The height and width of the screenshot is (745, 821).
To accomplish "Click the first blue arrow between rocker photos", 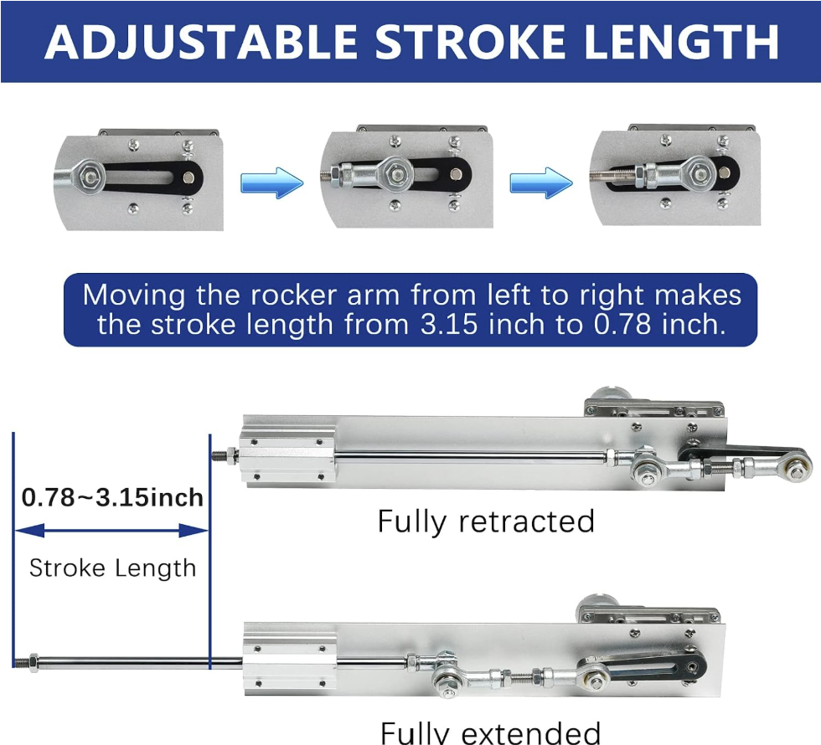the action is tap(271, 183).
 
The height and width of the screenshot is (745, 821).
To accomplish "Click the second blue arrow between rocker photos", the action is tap(541, 183).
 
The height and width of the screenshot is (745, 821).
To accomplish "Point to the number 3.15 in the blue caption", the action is tap(449, 325).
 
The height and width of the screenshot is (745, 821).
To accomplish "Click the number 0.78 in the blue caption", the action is tap(622, 325).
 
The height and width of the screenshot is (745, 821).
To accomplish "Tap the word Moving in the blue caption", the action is tap(134, 295).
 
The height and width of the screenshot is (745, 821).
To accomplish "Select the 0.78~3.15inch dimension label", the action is tap(112, 497).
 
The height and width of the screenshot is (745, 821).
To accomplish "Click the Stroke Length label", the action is tap(112, 568).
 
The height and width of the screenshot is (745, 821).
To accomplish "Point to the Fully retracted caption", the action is tap(486, 521).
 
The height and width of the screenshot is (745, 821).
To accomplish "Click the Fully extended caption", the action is tap(490, 732).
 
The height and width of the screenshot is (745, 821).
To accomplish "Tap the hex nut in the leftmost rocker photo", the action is tap(91, 177).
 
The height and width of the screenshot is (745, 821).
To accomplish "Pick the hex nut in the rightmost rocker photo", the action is tap(699, 172).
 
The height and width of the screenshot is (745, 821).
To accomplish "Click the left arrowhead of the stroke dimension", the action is tap(29, 531).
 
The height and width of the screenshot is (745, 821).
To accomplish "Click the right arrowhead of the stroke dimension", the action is tap(194, 531).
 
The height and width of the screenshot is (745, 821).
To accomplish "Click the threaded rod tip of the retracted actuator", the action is tap(219, 455).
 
